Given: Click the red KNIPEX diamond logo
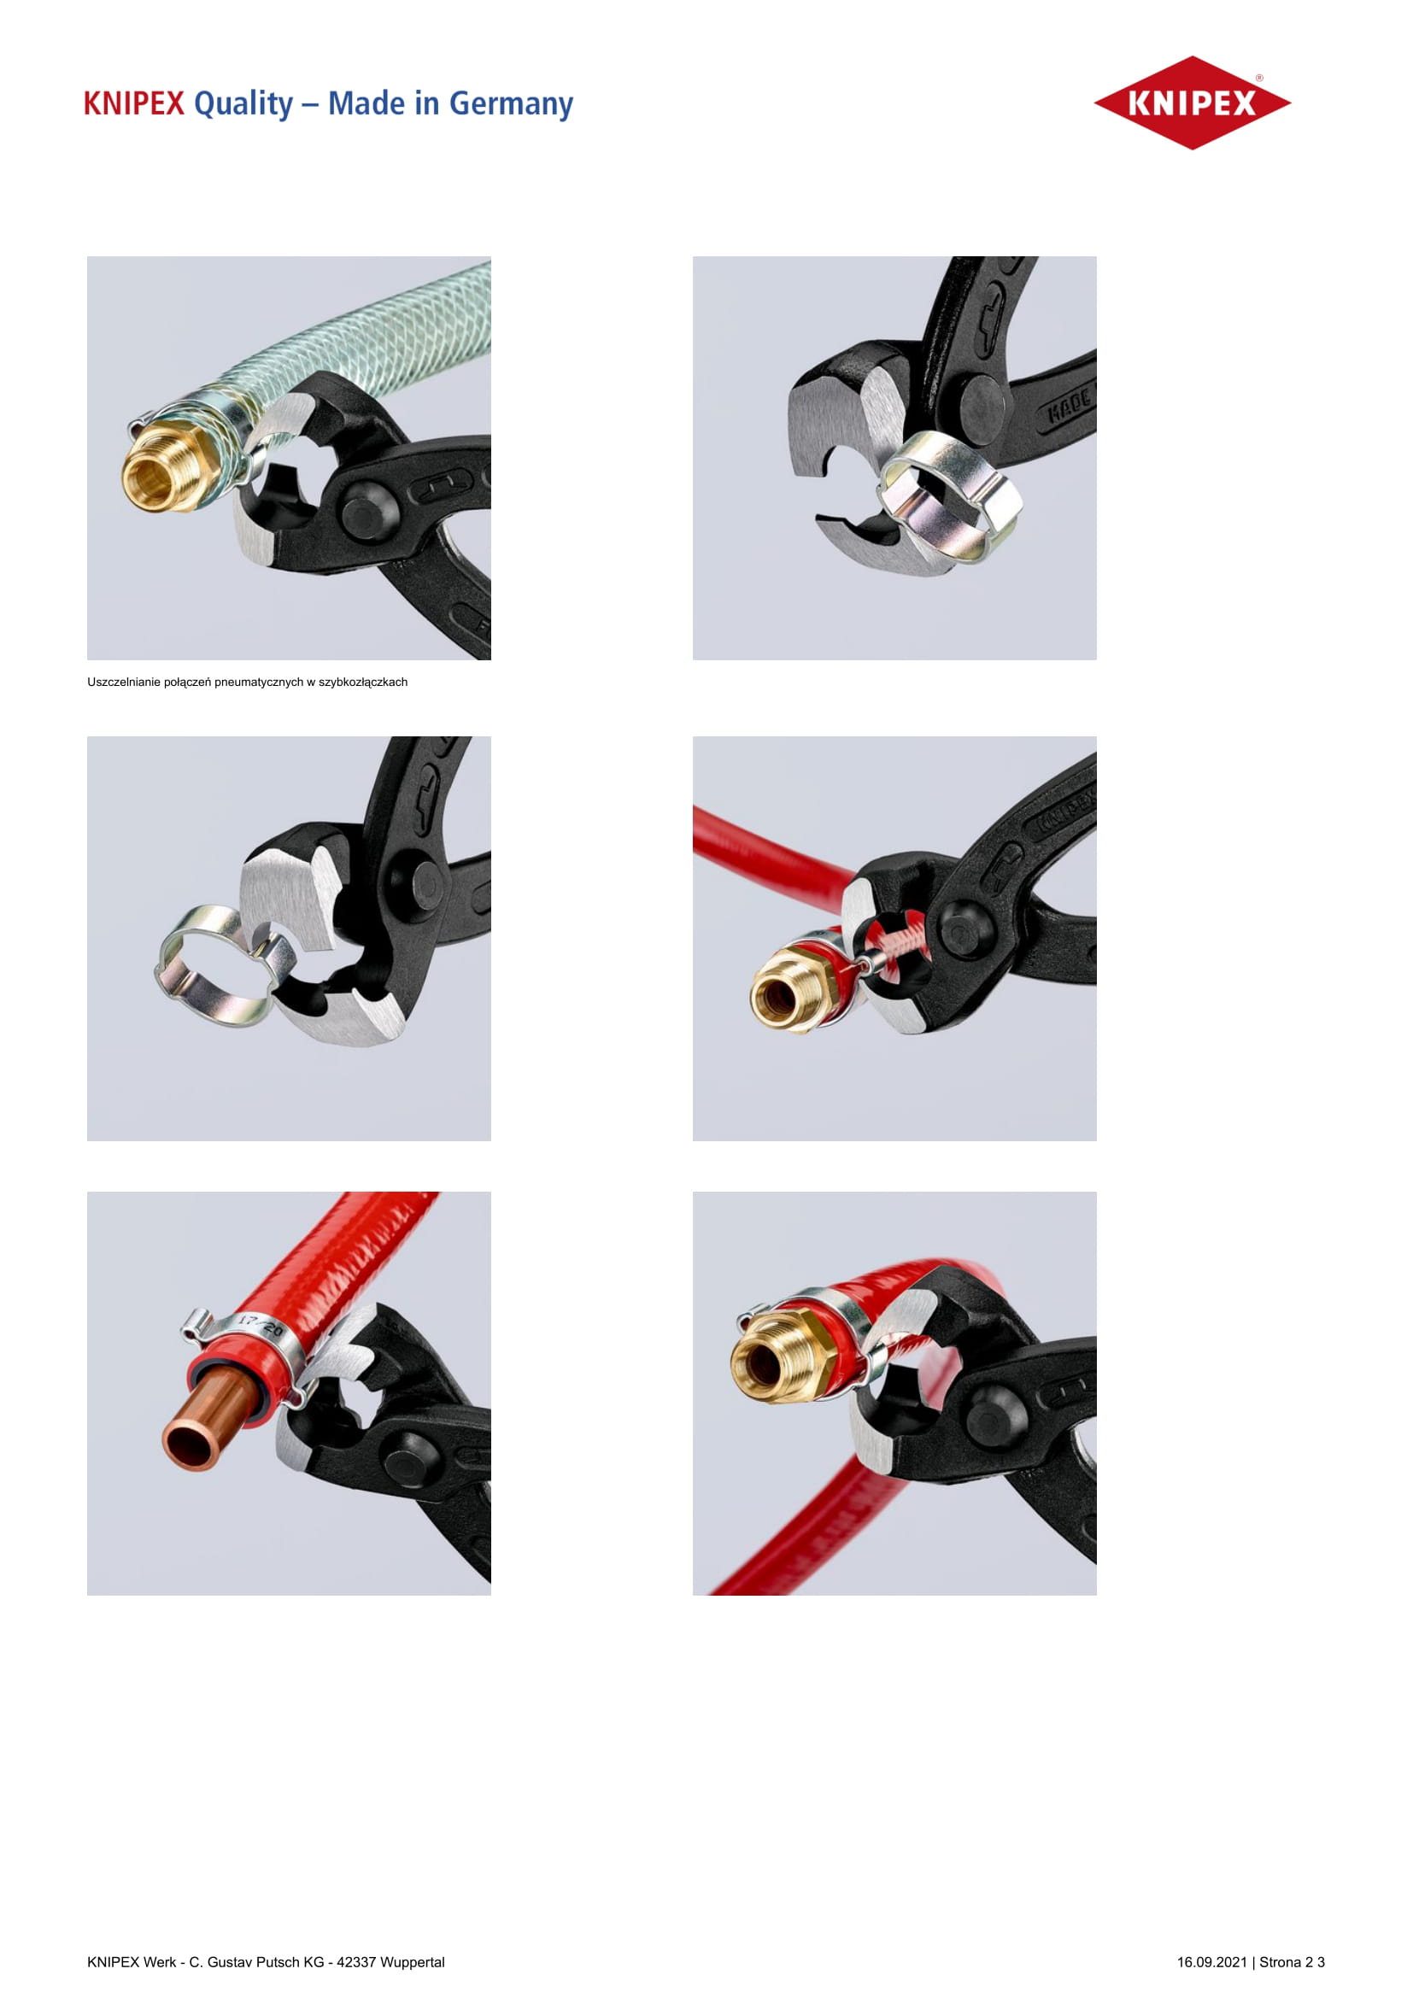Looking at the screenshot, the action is [x=1192, y=103].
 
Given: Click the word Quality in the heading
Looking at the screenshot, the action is [x=243, y=104].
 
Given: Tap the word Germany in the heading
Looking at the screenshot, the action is [x=511, y=104].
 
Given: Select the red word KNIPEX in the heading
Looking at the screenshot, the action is [x=134, y=103].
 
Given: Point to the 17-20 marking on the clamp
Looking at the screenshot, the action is [x=261, y=1327].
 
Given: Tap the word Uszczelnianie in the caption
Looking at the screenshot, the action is [x=124, y=683].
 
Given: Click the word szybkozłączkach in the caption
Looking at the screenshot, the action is [x=363, y=683].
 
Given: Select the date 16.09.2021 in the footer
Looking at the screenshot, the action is [x=1212, y=1962].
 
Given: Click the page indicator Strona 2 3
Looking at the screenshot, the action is [x=1292, y=1962].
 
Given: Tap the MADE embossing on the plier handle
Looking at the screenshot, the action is [x=1070, y=404].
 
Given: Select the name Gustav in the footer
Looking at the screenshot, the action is [x=227, y=1962].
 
